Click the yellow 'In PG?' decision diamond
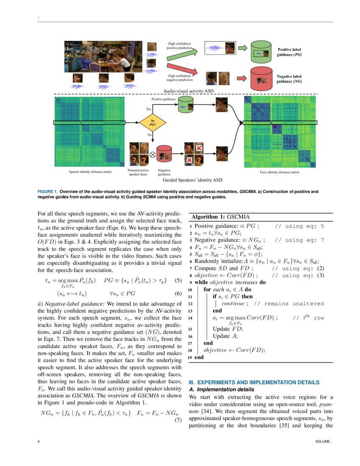point(152,123)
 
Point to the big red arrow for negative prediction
point(182,69)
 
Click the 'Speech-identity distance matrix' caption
point(90,172)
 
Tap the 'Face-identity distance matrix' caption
point(280,172)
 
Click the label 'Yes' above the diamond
point(149,109)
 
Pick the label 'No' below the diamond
point(150,135)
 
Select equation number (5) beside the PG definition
point(178,280)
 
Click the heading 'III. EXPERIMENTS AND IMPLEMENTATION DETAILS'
point(254,383)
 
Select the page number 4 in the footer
point(39,441)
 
